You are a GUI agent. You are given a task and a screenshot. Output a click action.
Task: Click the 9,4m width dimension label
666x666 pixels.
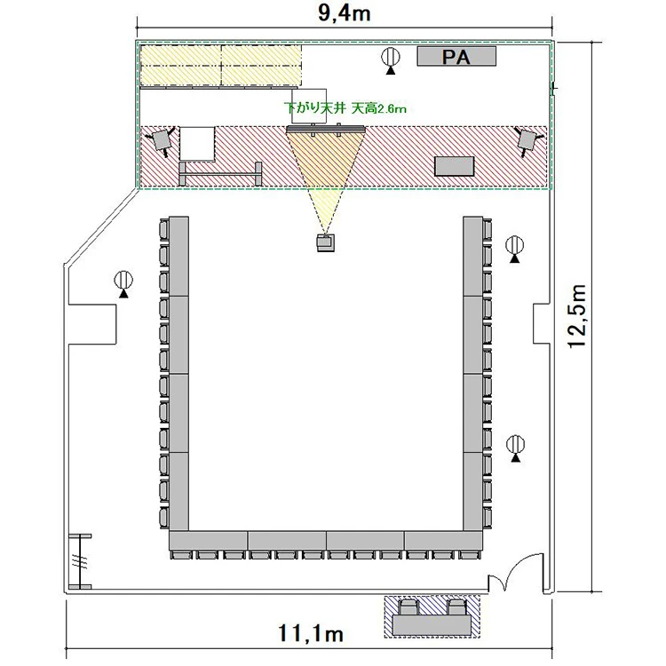344,13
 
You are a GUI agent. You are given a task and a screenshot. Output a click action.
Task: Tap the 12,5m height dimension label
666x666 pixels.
578,316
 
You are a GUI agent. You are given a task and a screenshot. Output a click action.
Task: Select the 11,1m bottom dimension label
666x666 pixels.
311,633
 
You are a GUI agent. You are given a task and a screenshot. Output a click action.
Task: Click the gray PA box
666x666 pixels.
456,57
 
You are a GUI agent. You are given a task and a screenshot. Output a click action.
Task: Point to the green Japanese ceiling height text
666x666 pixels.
345,107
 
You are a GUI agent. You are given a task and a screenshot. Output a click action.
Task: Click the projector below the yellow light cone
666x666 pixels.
325,242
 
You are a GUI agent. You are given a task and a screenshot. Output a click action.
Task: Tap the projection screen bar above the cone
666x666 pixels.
326,129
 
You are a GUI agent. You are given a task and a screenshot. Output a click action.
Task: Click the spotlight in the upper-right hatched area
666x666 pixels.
528,140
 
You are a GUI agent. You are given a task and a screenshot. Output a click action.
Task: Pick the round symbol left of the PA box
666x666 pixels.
390,59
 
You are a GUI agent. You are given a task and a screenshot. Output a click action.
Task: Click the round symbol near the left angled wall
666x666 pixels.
123,283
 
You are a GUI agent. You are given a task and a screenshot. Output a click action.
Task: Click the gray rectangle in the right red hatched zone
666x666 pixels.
454,166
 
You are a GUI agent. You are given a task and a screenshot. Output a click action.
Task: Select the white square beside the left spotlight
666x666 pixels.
197,143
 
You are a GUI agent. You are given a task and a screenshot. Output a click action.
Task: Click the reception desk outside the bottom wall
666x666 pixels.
432,625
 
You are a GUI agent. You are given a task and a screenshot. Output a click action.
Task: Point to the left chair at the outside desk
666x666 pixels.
409,607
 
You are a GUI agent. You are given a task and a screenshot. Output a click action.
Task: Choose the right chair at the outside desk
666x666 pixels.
456,607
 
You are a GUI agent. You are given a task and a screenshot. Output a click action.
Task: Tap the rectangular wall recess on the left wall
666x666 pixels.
92,324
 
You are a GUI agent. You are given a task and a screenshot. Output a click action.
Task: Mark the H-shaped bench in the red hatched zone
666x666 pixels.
220,174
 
